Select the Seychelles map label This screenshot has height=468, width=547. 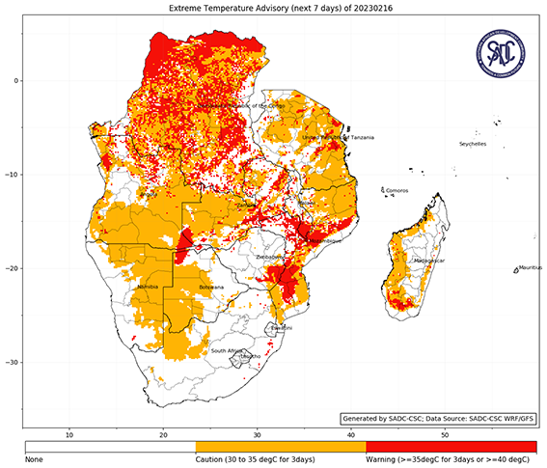coord(472,144)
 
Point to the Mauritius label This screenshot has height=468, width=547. coord(526,266)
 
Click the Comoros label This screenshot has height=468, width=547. coord(396,191)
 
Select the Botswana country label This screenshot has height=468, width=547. coord(210,288)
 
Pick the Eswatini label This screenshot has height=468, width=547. coord(282,328)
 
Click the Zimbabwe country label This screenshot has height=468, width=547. coord(269,258)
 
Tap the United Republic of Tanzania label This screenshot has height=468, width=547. coord(338,138)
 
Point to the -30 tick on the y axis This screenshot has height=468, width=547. coord(14,362)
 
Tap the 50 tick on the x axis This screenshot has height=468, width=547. coord(443,435)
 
